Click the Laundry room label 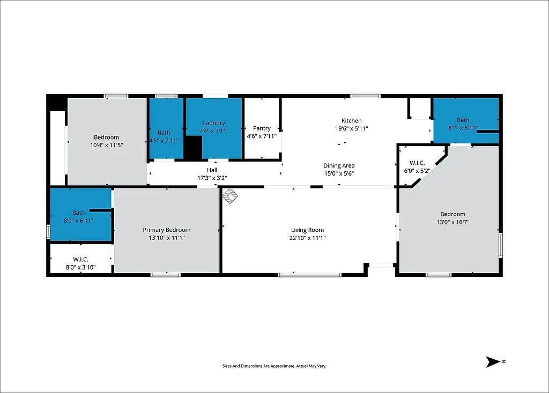pyautogui.click(x=214, y=123)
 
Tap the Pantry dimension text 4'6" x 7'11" pyautogui.click(x=262, y=136)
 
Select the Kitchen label pyautogui.click(x=352, y=121)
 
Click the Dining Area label pyautogui.click(x=339, y=166)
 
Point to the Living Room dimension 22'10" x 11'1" pyautogui.click(x=308, y=238)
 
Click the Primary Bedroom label pyautogui.click(x=166, y=230)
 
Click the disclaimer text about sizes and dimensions pyautogui.click(x=274, y=366)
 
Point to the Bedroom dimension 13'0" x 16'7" pyautogui.click(x=452, y=222)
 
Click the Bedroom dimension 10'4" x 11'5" pyautogui.click(x=106, y=145)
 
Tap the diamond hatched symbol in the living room pyautogui.click(x=231, y=196)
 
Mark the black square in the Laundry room pyautogui.click(x=193, y=148)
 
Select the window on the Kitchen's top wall pyautogui.click(x=366, y=96)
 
